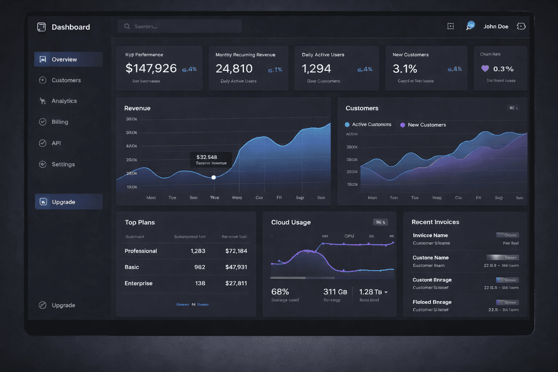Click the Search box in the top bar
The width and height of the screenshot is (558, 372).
[179, 26]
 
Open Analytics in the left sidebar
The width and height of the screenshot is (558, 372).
[64, 101]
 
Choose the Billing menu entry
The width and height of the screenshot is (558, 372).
[59, 122]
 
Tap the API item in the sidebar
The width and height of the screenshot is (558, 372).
[56, 143]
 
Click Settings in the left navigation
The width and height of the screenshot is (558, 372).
[63, 164]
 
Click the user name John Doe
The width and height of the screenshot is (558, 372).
[495, 26]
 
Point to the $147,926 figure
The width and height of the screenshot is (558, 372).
[151, 68]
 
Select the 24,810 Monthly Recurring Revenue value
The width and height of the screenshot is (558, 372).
[234, 68]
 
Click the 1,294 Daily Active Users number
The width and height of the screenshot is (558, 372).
[316, 68]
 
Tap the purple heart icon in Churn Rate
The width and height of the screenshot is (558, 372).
[485, 68]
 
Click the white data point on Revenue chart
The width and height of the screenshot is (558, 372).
[213, 177]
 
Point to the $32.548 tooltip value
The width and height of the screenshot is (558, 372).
[207, 157]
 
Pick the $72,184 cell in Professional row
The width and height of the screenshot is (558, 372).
[236, 251]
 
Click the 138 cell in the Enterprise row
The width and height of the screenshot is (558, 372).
[200, 283]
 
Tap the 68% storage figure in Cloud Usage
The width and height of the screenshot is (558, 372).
[280, 292]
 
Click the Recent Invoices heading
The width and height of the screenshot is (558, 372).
[435, 222]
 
